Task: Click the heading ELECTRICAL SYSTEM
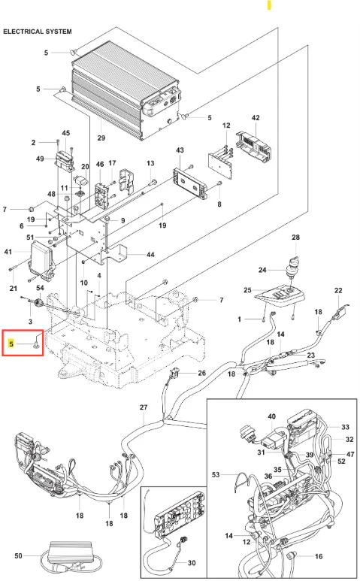click(38, 32)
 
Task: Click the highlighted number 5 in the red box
click(11, 344)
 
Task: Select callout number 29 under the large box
click(101, 138)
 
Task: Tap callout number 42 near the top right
click(256, 117)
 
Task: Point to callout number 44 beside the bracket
click(150, 255)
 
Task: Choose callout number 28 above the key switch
click(295, 238)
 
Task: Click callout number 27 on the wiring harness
click(144, 407)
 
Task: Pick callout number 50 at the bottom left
click(18, 555)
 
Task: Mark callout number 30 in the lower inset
click(192, 563)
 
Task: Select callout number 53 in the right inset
click(216, 474)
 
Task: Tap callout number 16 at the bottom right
click(319, 556)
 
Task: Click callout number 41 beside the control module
click(8, 252)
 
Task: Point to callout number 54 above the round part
click(40, 288)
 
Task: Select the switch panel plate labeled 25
click(280, 295)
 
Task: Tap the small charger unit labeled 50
click(70, 553)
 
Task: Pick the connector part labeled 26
click(175, 372)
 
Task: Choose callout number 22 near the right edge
click(338, 290)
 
